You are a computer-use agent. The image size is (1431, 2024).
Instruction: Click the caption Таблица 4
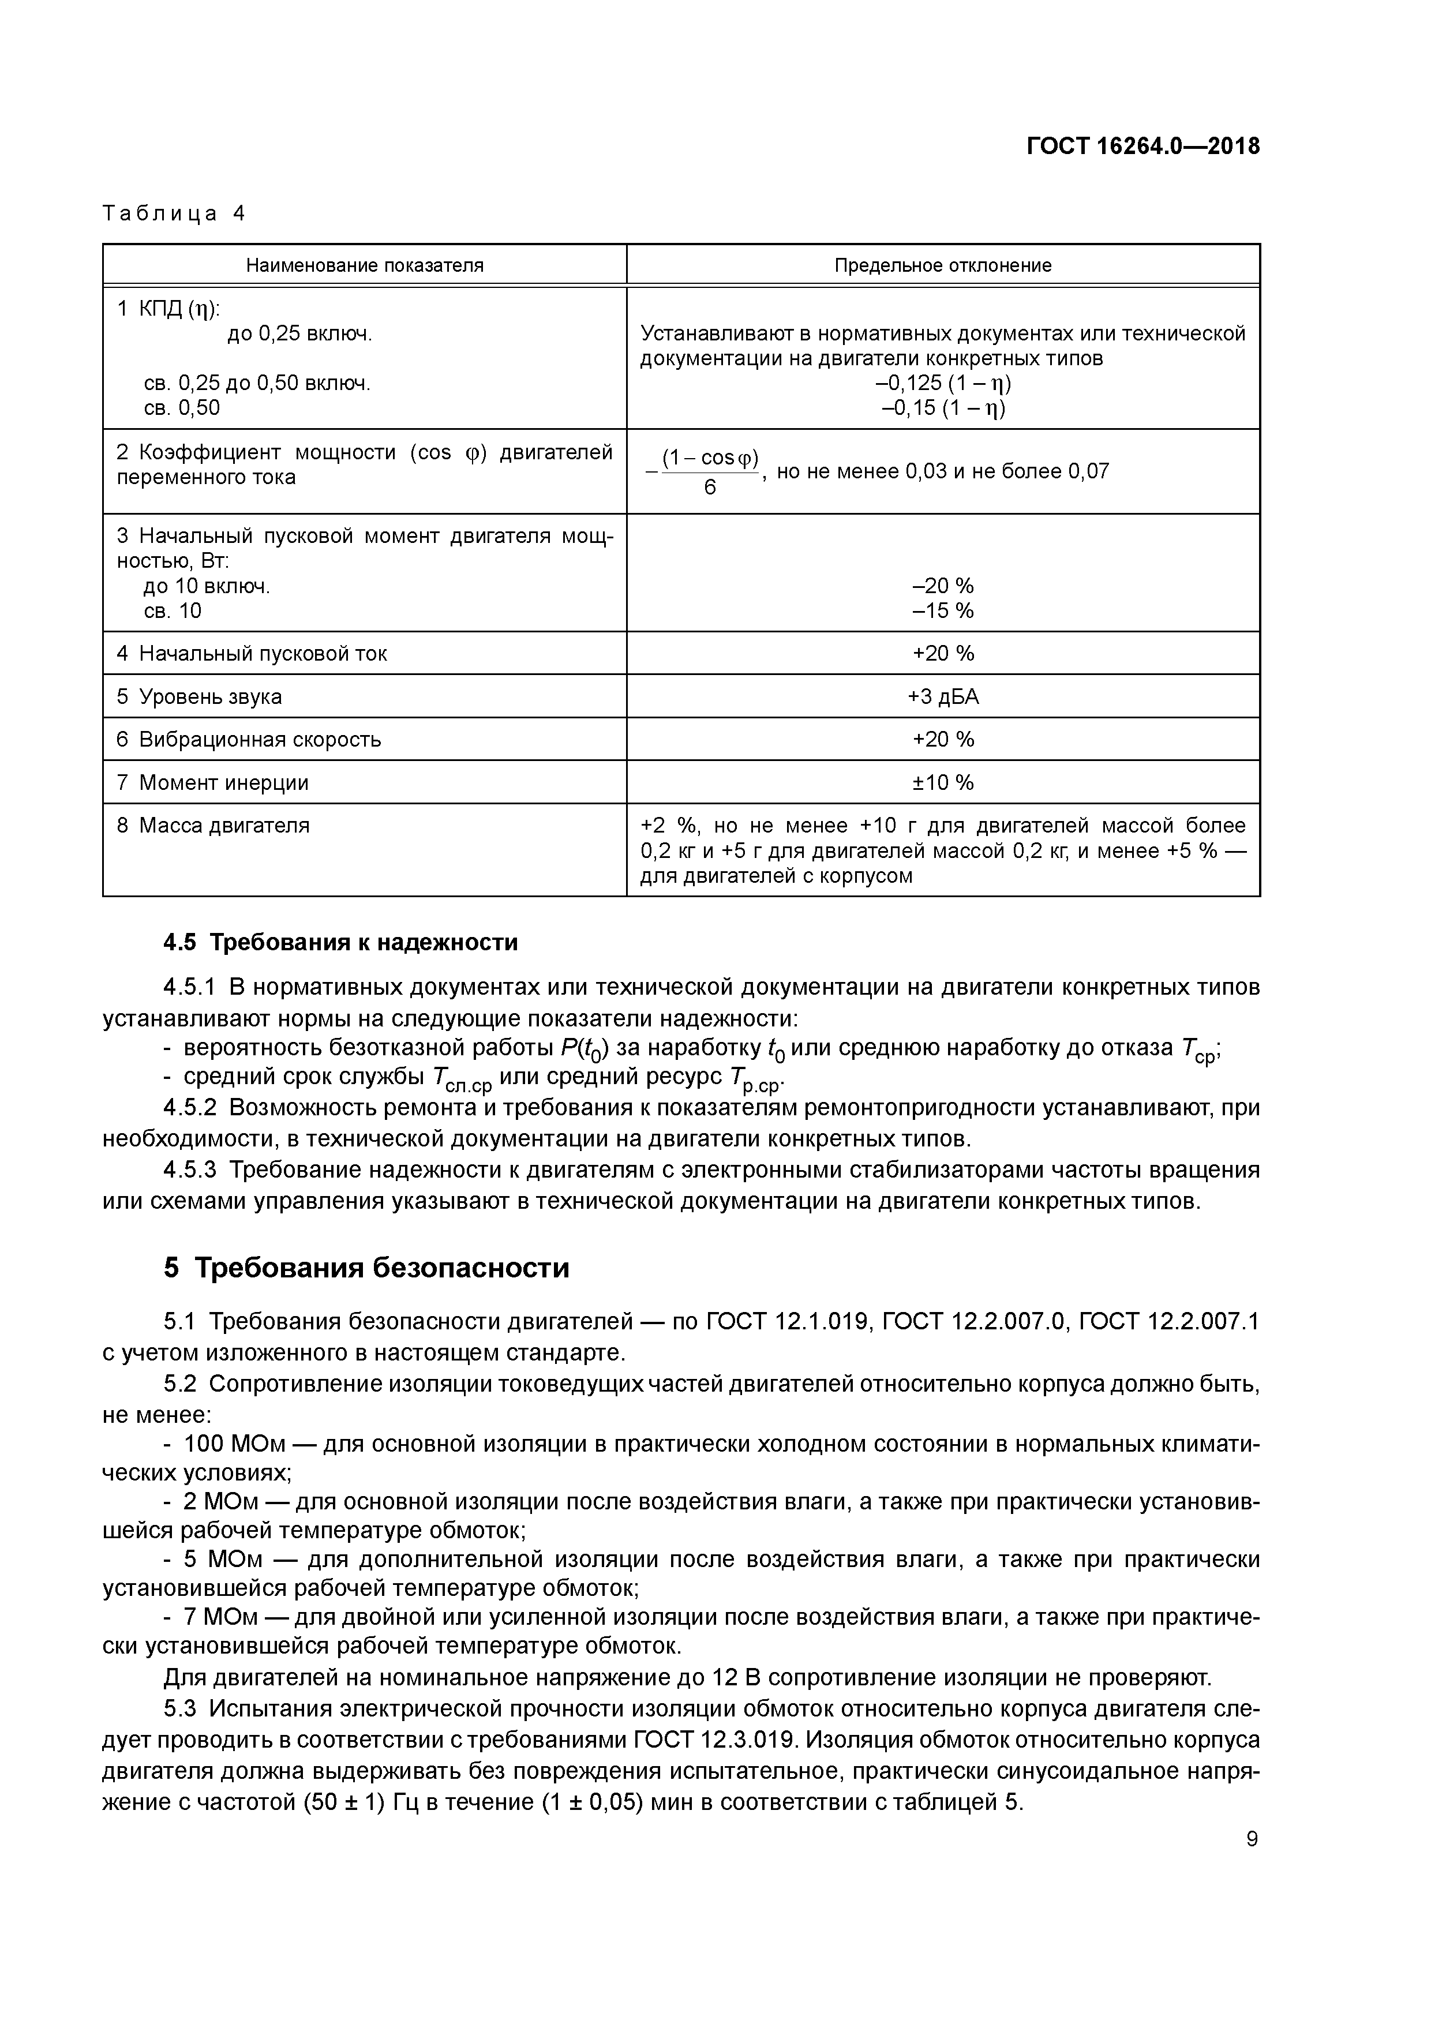[174, 213]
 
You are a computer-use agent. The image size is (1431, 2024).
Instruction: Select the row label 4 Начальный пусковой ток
[252, 653]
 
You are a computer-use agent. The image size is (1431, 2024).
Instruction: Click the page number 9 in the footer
[1252, 1839]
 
